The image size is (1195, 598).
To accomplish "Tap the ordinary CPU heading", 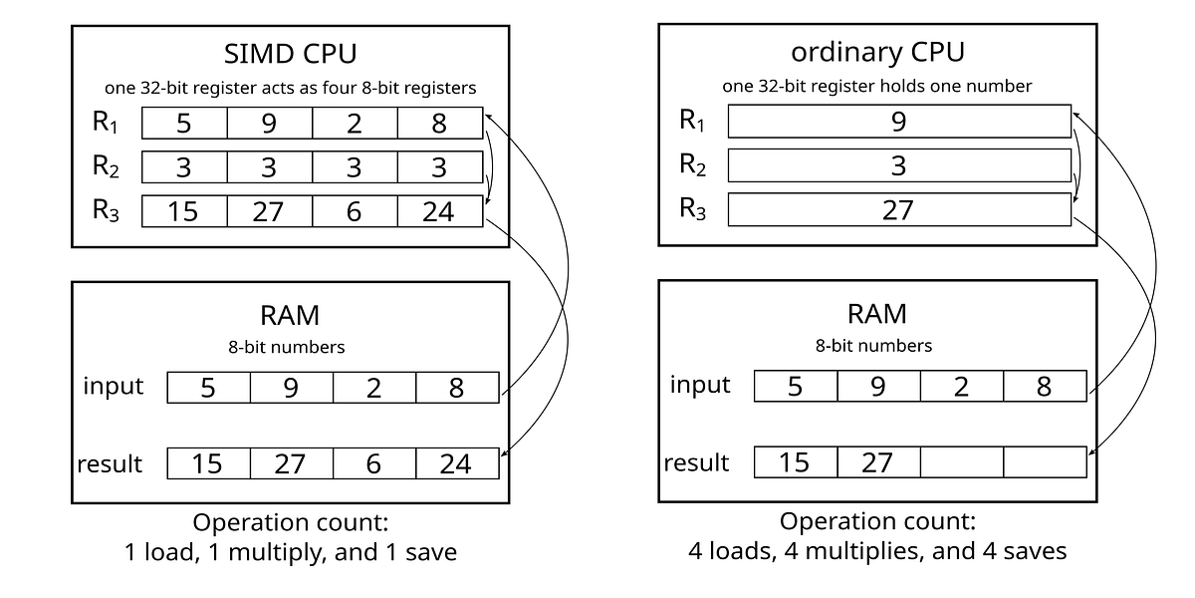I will pyautogui.click(x=877, y=52).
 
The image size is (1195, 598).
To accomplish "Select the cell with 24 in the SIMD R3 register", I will pyautogui.click(x=439, y=211).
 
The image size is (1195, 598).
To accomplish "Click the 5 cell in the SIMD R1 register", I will pyautogui.click(x=184, y=123).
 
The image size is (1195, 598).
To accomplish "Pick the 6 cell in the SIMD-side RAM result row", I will pyautogui.click(x=373, y=463).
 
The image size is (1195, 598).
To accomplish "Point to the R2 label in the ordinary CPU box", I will pyautogui.click(x=692, y=164).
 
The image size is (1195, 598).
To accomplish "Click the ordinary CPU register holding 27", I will pyautogui.click(x=899, y=210).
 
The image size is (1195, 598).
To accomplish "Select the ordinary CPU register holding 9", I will pyautogui.click(x=899, y=122).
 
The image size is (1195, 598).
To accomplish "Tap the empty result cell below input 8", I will pyautogui.click(x=1044, y=462).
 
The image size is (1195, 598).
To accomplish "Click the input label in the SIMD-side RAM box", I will pyautogui.click(x=114, y=387).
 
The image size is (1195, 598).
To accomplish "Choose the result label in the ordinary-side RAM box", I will pyautogui.click(x=697, y=462).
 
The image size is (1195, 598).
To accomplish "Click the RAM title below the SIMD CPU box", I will pyautogui.click(x=290, y=315).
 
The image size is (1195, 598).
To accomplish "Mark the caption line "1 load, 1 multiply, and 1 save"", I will pyautogui.click(x=290, y=551).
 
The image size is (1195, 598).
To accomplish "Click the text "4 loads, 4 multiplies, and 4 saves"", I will pyautogui.click(x=877, y=550).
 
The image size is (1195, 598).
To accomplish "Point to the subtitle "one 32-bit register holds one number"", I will pyautogui.click(x=877, y=86).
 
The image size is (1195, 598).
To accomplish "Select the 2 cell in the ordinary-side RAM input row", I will pyautogui.click(x=961, y=387).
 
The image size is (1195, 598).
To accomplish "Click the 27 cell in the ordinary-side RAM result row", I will pyautogui.click(x=877, y=462).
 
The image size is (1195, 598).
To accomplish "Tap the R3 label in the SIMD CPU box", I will pyautogui.click(x=107, y=210).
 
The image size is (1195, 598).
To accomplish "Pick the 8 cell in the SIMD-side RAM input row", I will pyautogui.click(x=456, y=388).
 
